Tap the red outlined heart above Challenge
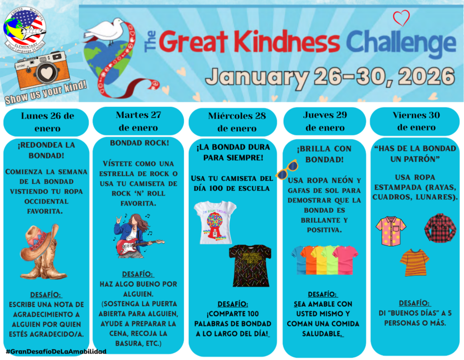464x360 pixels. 401,18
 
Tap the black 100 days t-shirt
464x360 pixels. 250,265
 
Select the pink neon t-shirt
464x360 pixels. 346,259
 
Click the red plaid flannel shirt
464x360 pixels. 440,228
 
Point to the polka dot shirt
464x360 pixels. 391,230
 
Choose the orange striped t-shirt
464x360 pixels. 414,262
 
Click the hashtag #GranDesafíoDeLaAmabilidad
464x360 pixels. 56,351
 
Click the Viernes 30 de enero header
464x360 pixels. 416,121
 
